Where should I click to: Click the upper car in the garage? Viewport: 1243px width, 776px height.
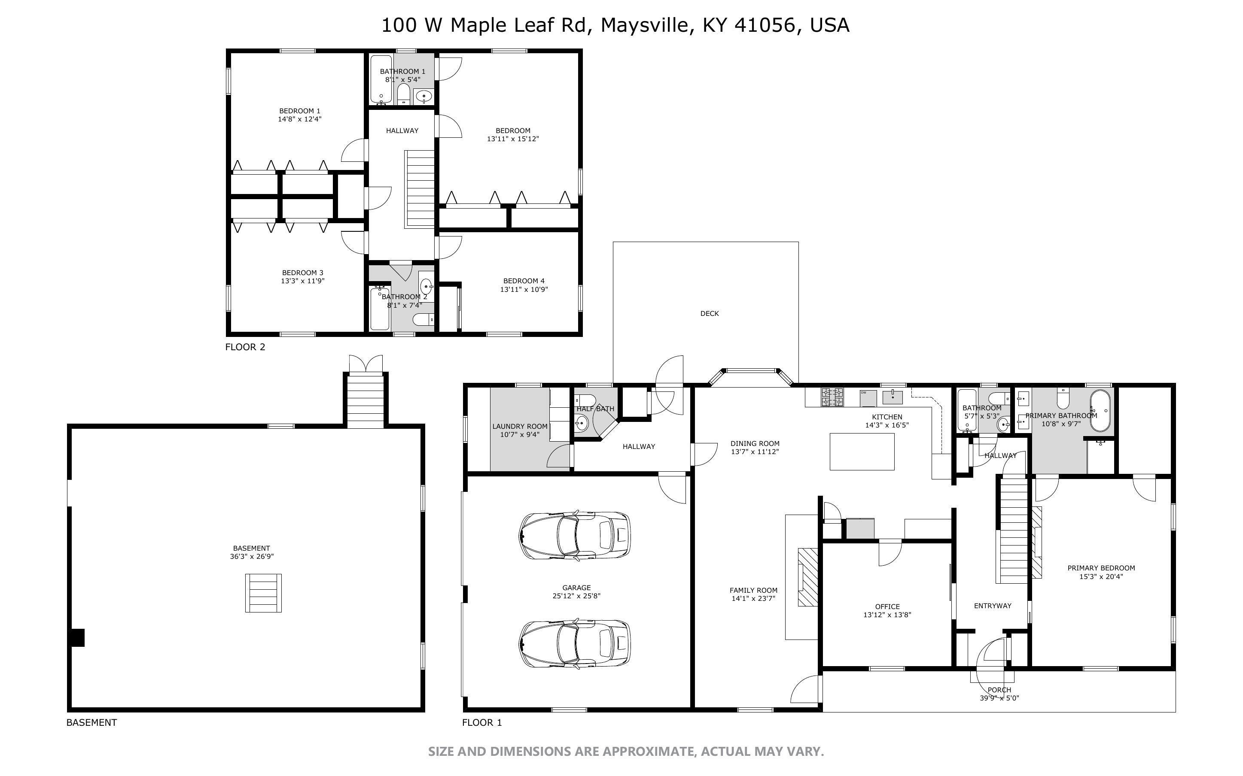[x=575, y=535]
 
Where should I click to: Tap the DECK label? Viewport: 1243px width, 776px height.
[x=710, y=314]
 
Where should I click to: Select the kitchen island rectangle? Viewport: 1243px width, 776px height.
[x=862, y=452]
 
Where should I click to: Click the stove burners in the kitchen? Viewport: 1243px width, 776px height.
[x=832, y=398]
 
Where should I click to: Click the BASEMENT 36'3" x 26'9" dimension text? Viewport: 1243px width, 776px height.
[x=252, y=556]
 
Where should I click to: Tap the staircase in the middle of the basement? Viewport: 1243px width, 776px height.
[x=263, y=593]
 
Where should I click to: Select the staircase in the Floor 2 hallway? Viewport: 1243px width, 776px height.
[x=420, y=189]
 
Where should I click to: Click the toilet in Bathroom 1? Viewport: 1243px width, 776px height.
[x=404, y=94]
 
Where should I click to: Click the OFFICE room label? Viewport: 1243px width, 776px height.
[x=887, y=606]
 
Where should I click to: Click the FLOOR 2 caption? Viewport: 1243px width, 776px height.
[x=245, y=347]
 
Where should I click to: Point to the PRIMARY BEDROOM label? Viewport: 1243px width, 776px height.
[x=1101, y=568]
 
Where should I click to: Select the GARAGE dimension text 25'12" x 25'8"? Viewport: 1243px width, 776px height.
[x=576, y=596]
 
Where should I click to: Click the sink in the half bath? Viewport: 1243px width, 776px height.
[x=581, y=424]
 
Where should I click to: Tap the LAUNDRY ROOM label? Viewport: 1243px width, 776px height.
[x=520, y=427]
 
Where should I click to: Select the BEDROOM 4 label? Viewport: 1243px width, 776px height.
[x=524, y=281]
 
